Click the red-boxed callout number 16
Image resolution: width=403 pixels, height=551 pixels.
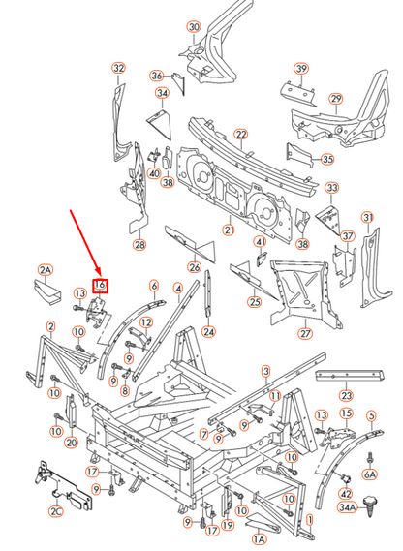[100, 285]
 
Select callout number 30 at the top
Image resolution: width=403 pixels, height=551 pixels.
[193, 27]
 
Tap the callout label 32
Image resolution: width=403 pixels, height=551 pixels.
[118, 69]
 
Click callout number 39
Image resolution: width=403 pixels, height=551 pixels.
[301, 68]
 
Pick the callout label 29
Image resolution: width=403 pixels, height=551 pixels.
[335, 99]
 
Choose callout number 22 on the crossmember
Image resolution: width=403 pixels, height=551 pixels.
[240, 134]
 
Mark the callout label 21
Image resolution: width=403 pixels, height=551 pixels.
[229, 230]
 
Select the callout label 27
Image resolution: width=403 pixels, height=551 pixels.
[305, 334]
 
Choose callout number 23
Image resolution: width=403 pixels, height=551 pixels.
[346, 395]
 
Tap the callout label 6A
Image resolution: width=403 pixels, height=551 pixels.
[369, 474]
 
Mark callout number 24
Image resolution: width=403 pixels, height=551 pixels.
[208, 332]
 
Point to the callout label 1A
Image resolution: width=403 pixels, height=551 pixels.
[259, 538]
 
